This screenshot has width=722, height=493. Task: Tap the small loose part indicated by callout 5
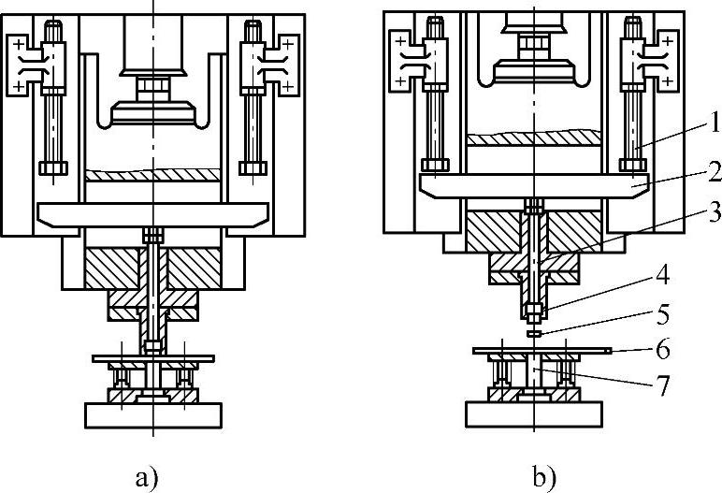tap(532, 331)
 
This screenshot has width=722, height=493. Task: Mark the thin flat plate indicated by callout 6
tap(542, 351)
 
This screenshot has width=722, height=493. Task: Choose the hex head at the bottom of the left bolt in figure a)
tap(52, 168)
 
